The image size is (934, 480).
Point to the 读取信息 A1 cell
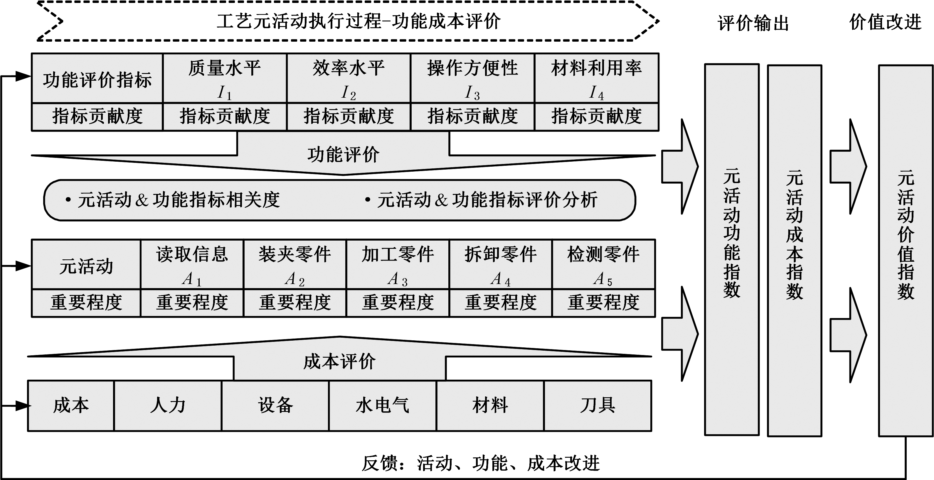click(x=192, y=264)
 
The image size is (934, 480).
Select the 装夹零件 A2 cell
click(x=295, y=264)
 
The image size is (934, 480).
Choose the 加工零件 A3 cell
click(x=398, y=264)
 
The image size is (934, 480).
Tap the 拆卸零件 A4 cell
click(x=501, y=264)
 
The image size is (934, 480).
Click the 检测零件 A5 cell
click(x=604, y=264)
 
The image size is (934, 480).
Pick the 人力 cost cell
click(x=168, y=405)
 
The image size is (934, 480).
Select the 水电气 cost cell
click(x=383, y=405)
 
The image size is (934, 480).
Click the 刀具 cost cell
click(x=598, y=405)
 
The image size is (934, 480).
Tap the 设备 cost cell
click(x=275, y=405)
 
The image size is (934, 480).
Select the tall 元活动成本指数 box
click(x=795, y=250)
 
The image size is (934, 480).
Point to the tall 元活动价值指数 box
click(x=905, y=250)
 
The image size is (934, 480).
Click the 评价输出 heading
click(x=753, y=23)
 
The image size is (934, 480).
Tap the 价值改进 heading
click(x=885, y=22)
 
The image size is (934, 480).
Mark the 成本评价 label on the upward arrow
click(x=339, y=361)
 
